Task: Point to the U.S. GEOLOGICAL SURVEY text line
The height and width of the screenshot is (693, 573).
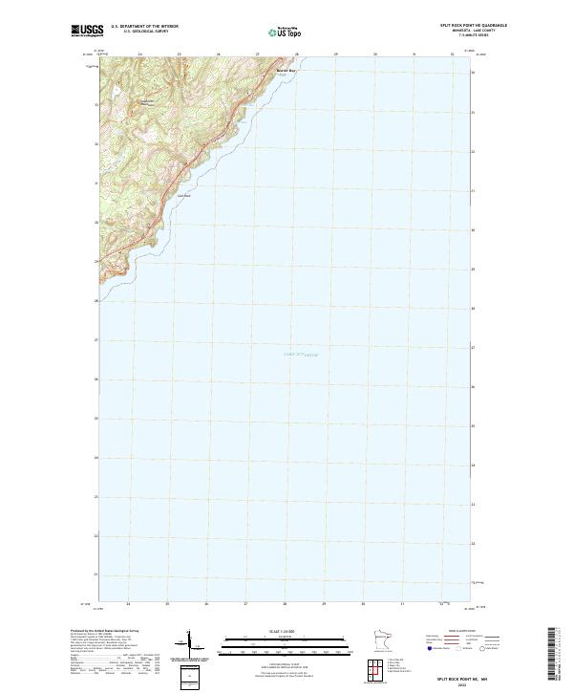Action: point(143,31)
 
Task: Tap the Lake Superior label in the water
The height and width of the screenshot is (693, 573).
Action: point(300,354)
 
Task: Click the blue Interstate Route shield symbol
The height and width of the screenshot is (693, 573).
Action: point(431,648)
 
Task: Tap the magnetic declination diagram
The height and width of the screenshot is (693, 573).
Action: point(187,645)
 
